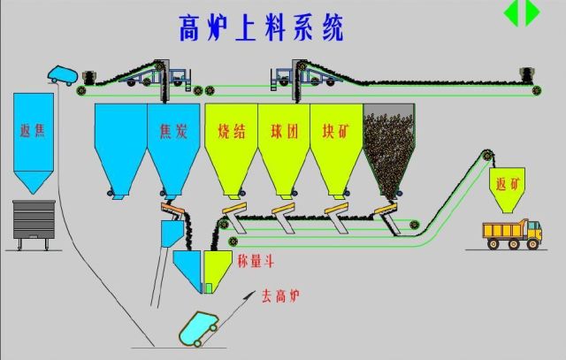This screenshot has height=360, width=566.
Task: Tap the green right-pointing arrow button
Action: (x=532, y=12)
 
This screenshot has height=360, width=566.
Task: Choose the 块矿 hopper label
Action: (x=337, y=133)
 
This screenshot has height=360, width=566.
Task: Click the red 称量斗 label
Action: (x=256, y=261)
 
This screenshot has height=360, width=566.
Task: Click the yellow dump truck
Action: (x=511, y=235)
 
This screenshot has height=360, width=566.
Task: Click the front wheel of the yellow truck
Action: (x=534, y=246)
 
